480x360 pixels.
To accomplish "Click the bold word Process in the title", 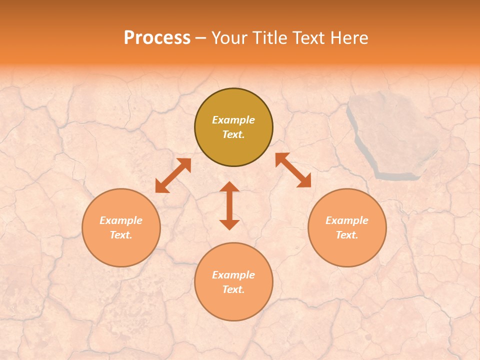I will [x=157, y=38].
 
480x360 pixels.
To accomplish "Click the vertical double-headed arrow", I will [x=229, y=205].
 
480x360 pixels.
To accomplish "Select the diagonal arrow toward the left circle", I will [x=173, y=175].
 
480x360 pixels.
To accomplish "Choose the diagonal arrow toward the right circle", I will [x=293, y=170].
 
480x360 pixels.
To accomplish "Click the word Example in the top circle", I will [x=233, y=120].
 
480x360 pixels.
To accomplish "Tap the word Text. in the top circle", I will [x=233, y=134].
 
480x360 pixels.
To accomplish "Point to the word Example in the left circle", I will [x=121, y=220].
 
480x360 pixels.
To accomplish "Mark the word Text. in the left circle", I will [x=121, y=235].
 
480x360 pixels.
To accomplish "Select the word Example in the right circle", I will [x=347, y=220].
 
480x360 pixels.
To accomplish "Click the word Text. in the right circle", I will [x=347, y=235].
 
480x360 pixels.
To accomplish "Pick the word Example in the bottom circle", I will [x=233, y=275].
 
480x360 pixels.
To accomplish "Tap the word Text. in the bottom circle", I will [x=233, y=289].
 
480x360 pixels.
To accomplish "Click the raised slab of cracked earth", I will [x=392, y=132].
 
